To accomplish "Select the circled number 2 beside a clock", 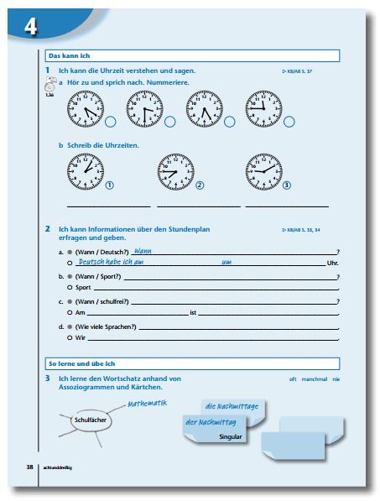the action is [x=200, y=185].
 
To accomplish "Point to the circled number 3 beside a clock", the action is [x=286, y=185].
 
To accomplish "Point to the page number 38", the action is [x=29, y=466].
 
